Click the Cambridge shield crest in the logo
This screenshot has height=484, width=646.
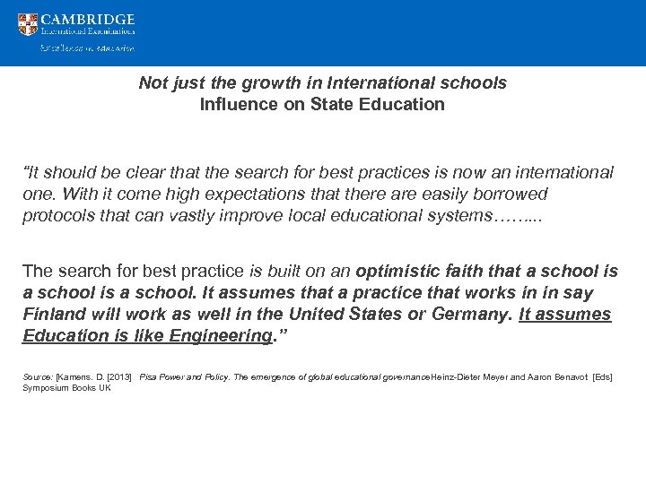click(28, 25)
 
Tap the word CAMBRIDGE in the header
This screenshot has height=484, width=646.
click(88, 19)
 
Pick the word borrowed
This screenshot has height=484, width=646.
click(512, 194)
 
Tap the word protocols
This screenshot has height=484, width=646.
click(58, 216)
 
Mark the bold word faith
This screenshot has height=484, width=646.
click(480, 271)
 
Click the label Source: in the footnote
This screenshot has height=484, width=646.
click(38, 377)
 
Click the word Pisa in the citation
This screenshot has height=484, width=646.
click(149, 377)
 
